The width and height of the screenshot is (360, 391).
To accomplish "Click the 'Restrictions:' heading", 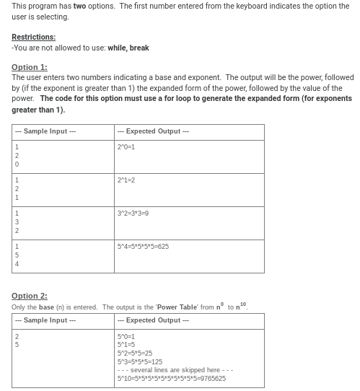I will pyautogui.click(x=33, y=37).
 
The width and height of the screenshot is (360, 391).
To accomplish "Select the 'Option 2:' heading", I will pyautogui.click(x=30, y=296).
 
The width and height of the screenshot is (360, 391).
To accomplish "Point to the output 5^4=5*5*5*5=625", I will pyautogui.click(x=143, y=246).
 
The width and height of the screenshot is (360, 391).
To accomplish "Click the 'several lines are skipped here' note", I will pyautogui.click(x=174, y=370).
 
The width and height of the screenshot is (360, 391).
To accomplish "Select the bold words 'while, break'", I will pyautogui.click(x=128, y=48).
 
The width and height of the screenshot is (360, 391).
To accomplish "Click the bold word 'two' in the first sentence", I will pyautogui.click(x=80, y=6).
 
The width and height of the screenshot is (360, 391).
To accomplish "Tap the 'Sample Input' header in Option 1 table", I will pyautogui.click(x=45, y=131).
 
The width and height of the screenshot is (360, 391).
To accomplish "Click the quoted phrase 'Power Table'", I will pyautogui.click(x=177, y=307).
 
